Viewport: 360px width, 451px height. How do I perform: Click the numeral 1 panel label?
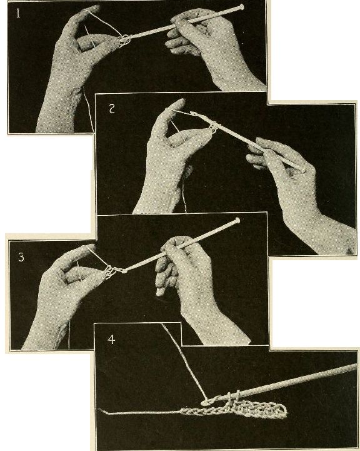[18, 13]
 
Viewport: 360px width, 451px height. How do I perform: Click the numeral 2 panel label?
[112, 108]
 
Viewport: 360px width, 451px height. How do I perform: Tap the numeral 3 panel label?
[21, 257]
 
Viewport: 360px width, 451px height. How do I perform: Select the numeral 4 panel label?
[111, 340]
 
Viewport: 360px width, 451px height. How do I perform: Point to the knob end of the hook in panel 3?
[237, 221]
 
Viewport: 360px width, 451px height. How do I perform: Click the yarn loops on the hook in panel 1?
[124, 40]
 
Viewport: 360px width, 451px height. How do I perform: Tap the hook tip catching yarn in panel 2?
[192, 114]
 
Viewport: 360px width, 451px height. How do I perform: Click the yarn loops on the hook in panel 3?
[111, 272]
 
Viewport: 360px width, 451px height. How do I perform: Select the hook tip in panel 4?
[204, 403]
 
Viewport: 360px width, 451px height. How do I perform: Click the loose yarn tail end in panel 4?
[100, 410]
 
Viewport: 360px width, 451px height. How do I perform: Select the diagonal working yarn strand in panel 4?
[184, 362]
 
